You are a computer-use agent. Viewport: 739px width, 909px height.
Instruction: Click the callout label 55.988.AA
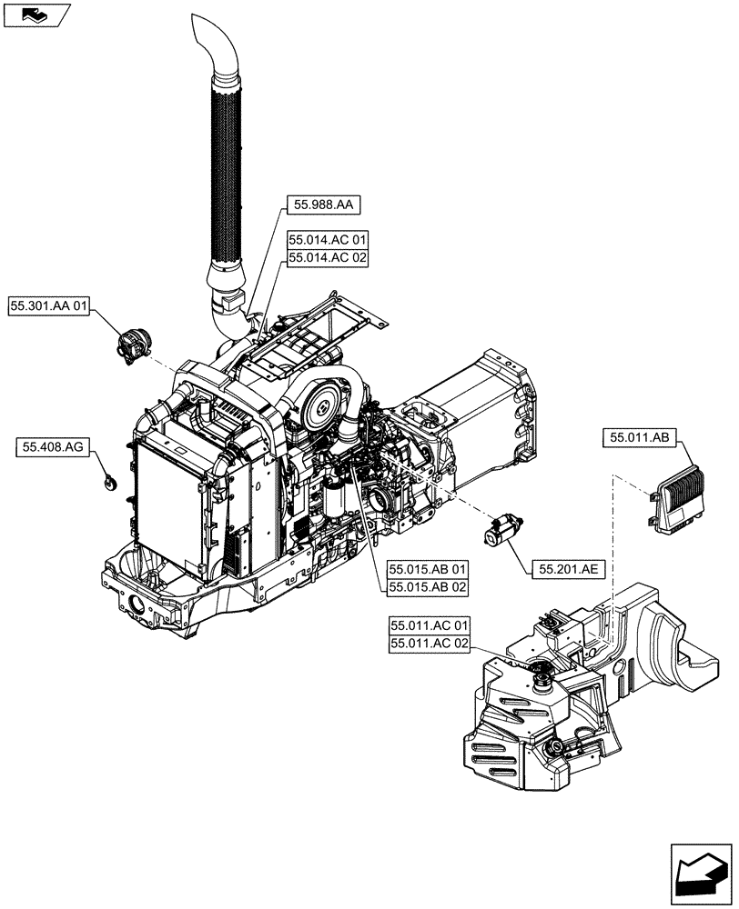pos(324,206)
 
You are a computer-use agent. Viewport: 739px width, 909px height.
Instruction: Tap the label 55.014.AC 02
pos(328,258)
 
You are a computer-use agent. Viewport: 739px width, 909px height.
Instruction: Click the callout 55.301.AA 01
pos(49,308)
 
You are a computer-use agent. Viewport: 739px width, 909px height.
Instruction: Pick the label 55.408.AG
pos(52,447)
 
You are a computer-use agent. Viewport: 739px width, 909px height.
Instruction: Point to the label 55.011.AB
pos(637,439)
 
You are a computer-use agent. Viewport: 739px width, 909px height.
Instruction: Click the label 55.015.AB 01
pos(428,570)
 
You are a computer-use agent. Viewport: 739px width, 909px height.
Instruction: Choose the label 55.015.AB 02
pos(428,587)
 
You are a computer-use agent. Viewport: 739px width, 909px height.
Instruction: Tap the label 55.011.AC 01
pos(430,626)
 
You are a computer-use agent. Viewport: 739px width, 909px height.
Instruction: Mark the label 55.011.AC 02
pos(430,644)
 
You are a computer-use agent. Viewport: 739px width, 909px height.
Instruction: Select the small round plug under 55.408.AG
pos(110,483)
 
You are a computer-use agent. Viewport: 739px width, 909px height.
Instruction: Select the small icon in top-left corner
pos(35,14)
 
